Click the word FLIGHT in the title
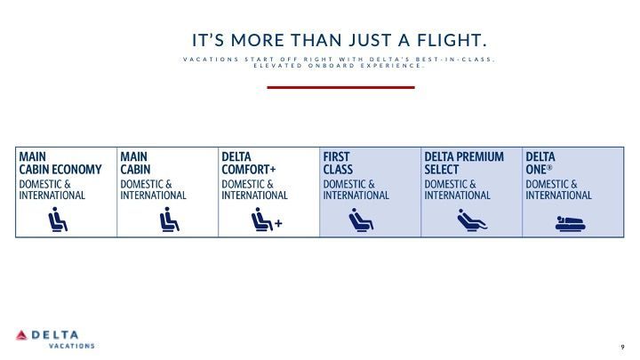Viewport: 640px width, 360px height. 452,40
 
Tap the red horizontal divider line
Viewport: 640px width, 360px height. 340,87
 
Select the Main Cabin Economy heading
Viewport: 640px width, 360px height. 60,163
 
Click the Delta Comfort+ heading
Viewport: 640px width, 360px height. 249,163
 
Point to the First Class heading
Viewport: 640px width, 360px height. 338,163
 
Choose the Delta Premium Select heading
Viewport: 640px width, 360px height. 464,163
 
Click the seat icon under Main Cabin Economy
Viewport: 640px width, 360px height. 58,220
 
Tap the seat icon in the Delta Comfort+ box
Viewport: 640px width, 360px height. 261,220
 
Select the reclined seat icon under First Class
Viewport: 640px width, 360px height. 361,220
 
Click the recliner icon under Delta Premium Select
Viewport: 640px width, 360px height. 472,220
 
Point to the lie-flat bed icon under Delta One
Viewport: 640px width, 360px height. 570,224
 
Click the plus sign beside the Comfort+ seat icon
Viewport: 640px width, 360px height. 278,223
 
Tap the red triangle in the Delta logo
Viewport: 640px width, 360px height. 21,335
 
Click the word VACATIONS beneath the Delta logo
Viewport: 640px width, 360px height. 72,346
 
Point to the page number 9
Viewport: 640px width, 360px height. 622,347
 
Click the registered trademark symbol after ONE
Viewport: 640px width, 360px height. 549,167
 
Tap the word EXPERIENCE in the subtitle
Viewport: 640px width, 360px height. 392,65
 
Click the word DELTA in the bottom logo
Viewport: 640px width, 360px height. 55,335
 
